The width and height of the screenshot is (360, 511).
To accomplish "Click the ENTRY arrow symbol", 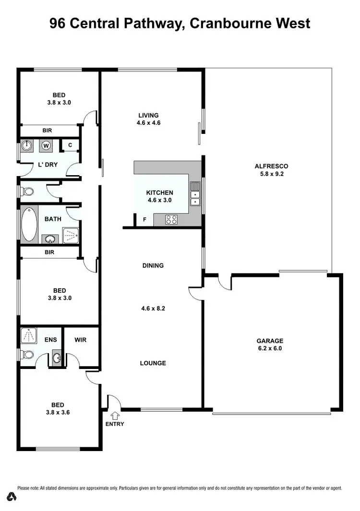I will [115, 416].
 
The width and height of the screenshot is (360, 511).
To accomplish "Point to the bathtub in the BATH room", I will [29, 224].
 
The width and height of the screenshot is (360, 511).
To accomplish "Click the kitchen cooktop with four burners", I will [172, 220].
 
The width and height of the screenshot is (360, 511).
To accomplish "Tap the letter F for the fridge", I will [144, 220].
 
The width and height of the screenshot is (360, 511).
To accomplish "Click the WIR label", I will [81, 340].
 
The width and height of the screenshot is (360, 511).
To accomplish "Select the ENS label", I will [50, 340].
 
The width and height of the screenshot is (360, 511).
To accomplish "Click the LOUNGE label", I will [153, 363].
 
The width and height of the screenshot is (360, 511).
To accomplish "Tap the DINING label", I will [153, 265].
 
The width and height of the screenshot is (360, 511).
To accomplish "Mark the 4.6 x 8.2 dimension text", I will [153, 309].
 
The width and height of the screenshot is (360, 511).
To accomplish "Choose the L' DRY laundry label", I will [48, 165].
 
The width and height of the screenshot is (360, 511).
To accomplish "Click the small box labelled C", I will [70, 144].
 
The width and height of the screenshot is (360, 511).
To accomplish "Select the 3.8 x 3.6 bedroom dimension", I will [59, 412].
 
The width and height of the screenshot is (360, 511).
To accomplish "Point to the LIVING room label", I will [148, 115].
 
